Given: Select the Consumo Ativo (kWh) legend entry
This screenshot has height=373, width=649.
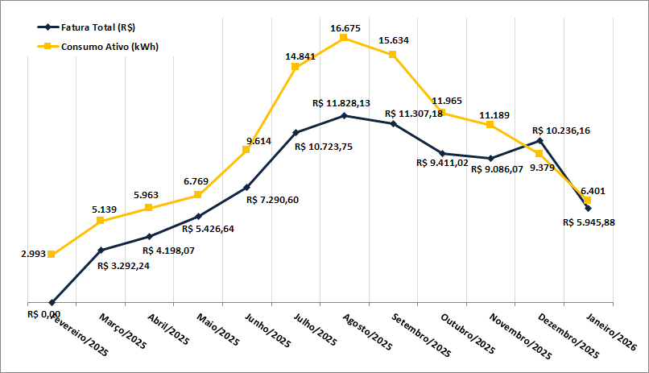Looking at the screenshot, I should pos(100,46).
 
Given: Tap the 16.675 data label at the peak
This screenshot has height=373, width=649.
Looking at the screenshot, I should pos(345,28).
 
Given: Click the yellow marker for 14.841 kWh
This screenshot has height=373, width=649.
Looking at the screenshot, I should pos(296,66).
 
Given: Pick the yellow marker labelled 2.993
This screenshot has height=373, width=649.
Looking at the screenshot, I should pos(52,255).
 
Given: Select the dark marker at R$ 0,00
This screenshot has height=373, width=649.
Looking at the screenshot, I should pos(52,303).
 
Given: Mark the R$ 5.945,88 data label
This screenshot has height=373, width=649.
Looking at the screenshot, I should pos(589,222).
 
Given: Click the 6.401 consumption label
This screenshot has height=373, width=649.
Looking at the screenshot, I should pos(593,190).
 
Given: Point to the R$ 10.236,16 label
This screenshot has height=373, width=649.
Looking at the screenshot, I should pos(562,130).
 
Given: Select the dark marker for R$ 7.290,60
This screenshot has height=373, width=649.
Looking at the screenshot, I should pos(246,186).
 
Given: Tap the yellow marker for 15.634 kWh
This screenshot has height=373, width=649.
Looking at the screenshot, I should pos(393,54).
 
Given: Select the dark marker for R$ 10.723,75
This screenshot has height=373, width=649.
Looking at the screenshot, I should pos(296,132).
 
